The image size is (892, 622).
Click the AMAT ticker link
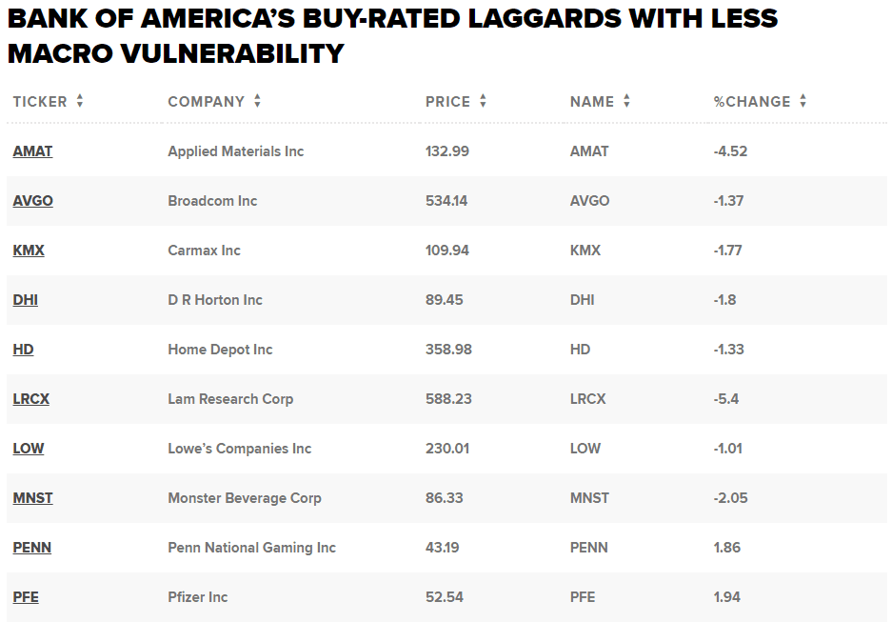[x=32, y=151]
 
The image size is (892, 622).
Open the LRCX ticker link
[x=31, y=399]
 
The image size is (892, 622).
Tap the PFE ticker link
[x=26, y=597]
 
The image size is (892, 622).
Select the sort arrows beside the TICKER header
[x=80, y=101]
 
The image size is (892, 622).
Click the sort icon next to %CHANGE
[x=803, y=101]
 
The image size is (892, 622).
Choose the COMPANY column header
[x=206, y=102]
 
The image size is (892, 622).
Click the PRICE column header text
[x=447, y=102]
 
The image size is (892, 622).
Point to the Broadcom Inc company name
[x=212, y=201]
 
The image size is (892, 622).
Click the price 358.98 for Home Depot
[x=448, y=350]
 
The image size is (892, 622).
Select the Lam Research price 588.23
[x=448, y=399]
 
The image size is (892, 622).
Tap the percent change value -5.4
[x=727, y=399]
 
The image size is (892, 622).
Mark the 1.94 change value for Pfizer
[x=726, y=597]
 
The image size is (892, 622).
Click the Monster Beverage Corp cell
[x=244, y=498]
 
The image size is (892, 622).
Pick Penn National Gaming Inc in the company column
[x=251, y=548]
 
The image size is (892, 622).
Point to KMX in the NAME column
[x=585, y=251]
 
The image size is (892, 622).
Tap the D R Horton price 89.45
[x=445, y=300]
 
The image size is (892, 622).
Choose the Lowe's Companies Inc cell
[x=239, y=449]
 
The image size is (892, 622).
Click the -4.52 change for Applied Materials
[x=731, y=151]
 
